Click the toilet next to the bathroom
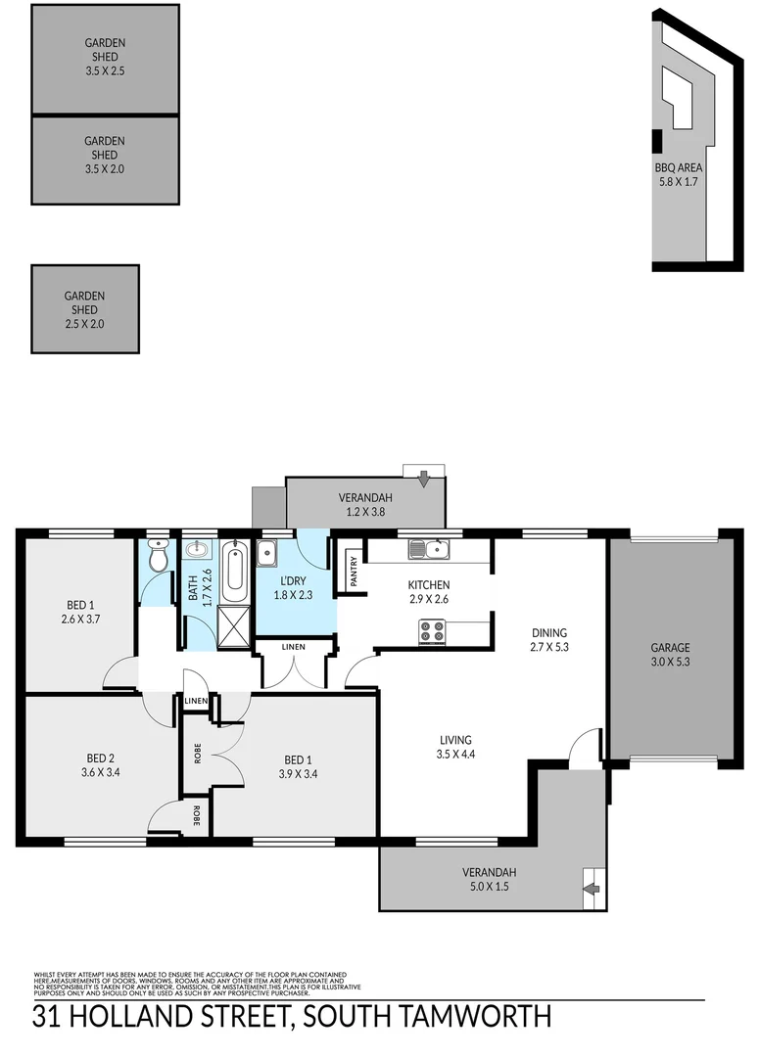pyautogui.click(x=157, y=557)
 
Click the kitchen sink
pyautogui.click(x=429, y=549)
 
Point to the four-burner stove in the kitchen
pyautogui.click(x=432, y=632)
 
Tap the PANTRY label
pyautogui.click(x=352, y=572)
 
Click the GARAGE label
pyautogui.click(x=671, y=647)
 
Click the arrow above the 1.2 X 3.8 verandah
pyautogui.click(x=423, y=479)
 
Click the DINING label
pyautogui.click(x=549, y=632)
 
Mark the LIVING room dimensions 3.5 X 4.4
pyautogui.click(x=455, y=754)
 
